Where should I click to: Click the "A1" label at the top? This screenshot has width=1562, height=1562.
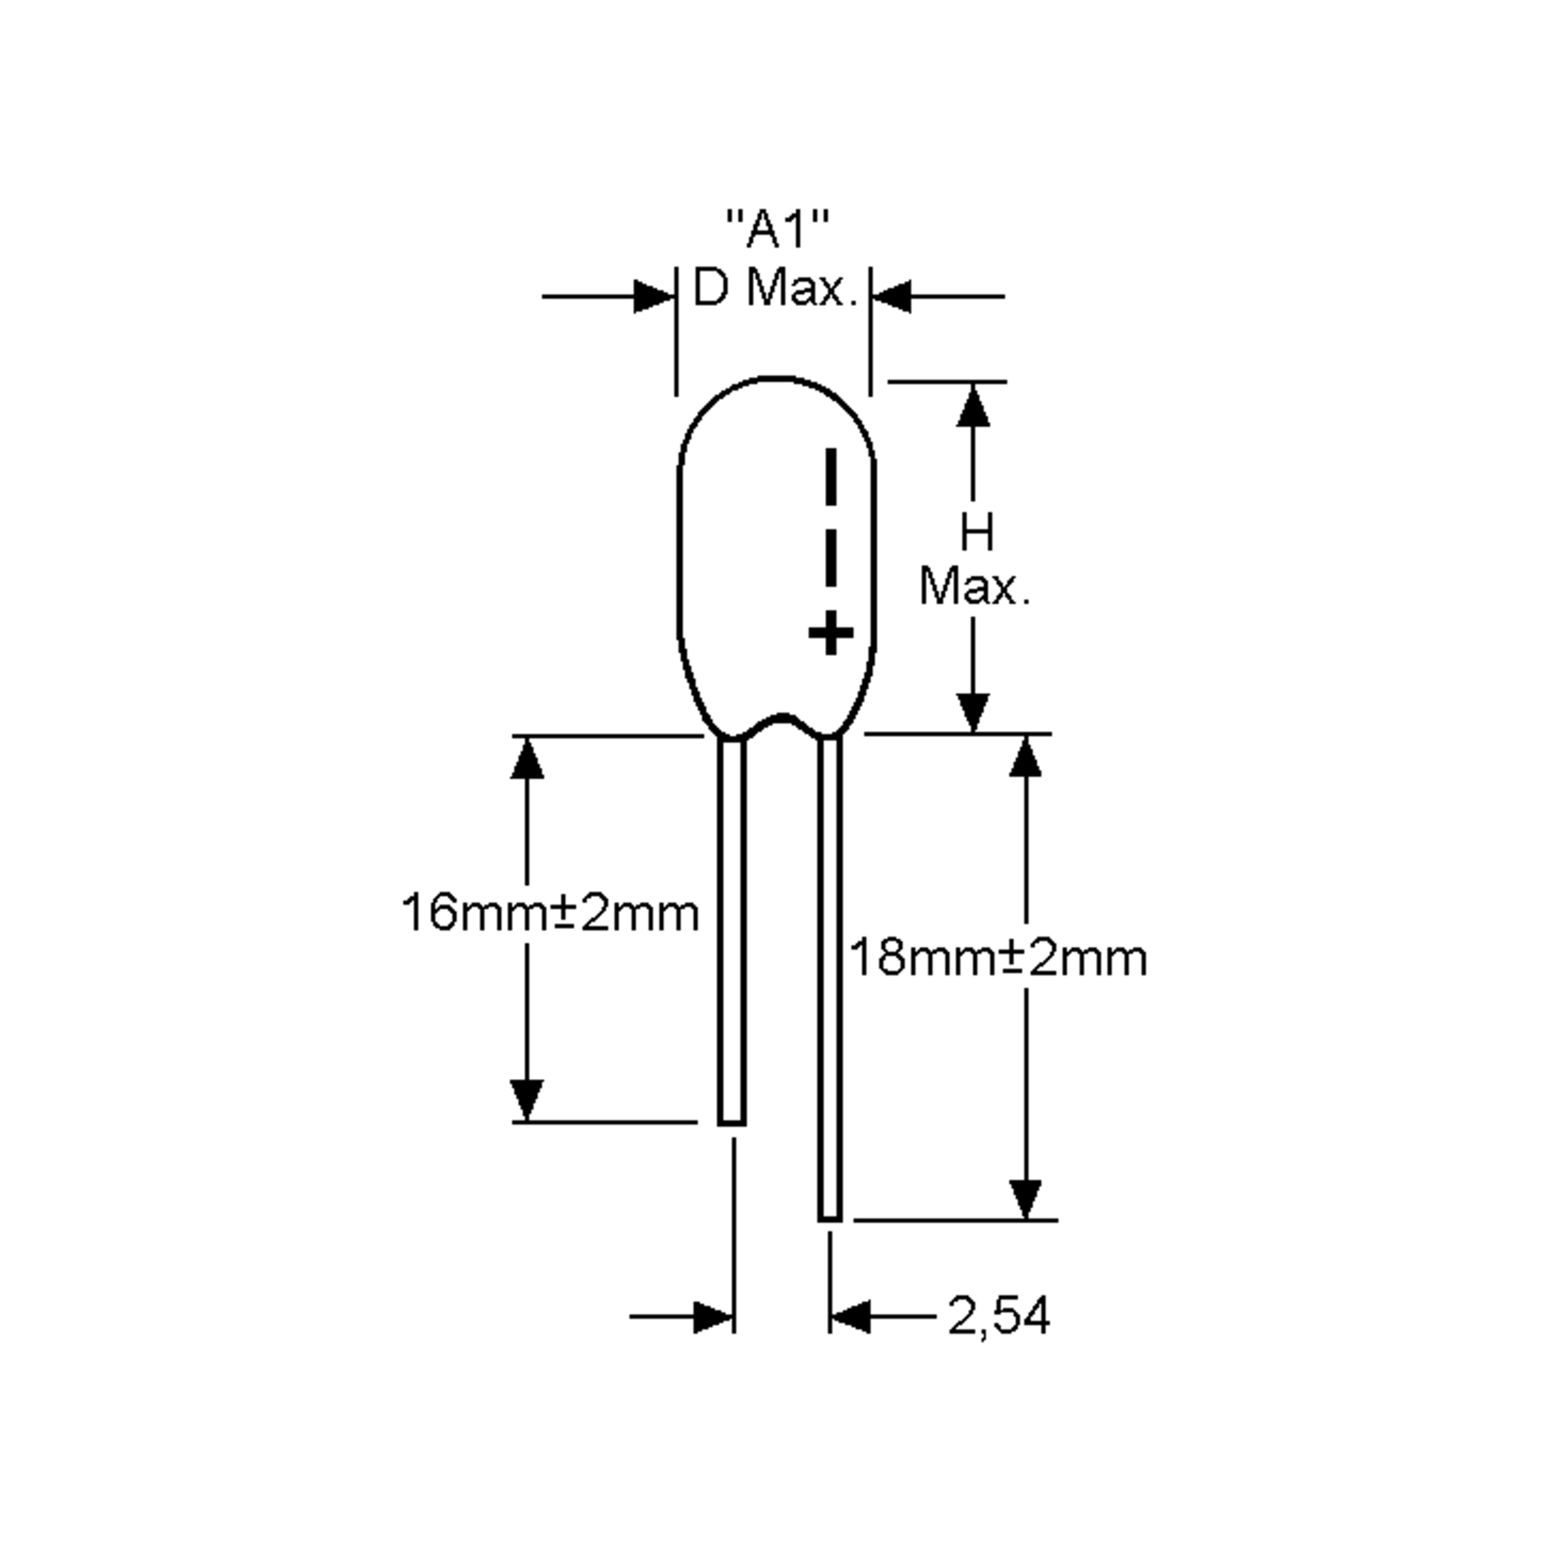pyautogui.click(x=778, y=230)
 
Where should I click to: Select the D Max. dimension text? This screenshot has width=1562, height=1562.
pyautogui.click(x=774, y=288)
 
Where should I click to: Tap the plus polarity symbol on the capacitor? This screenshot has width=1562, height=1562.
pyautogui.click(x=830, y=633)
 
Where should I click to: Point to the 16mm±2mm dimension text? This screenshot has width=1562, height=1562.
pyautogui.click(x=550, y=914)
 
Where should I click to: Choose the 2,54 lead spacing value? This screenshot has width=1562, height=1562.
pyautogui.click(x=998, y=1338)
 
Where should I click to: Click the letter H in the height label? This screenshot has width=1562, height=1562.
pyautogui.click(x=977, y=534)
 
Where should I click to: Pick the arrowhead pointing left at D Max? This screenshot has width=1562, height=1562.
pyautogui.click(x=891, y=297)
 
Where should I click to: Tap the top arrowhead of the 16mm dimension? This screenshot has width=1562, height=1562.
pyautogui.click(x=527, y=759)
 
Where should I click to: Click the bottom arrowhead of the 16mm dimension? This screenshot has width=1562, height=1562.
pyautogui.click(x=527, y=1099)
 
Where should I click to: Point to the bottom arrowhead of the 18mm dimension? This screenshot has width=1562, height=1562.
pyautogui.click(x=1026, y=1198)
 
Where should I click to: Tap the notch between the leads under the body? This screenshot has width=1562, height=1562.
pyautogui.click(x=781, y=717)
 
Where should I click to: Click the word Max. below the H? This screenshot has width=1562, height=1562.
pyautogui.click(x=974, y=588)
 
